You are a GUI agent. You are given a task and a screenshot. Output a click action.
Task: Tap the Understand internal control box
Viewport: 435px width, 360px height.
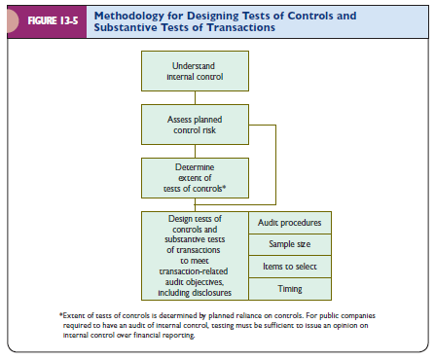195,71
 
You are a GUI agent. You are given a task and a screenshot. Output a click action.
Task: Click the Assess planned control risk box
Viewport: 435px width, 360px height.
195,121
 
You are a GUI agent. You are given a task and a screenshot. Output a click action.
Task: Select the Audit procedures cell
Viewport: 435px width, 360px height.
291,223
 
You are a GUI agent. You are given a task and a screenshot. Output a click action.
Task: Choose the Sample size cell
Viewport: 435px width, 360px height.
291,244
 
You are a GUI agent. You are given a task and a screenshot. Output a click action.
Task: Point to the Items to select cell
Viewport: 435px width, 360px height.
291,266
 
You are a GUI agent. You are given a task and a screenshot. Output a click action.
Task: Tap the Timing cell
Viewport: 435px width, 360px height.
291,288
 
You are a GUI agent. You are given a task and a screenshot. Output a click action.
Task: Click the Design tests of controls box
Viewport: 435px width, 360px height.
195,255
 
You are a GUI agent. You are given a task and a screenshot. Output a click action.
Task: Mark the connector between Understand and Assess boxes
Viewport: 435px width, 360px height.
195,95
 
